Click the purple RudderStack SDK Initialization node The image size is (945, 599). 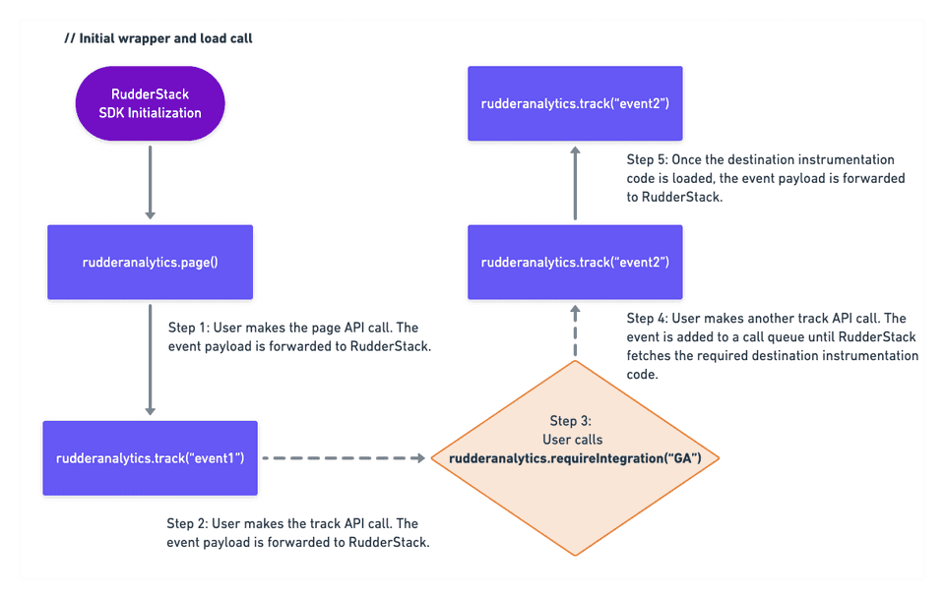[x=150, y=104]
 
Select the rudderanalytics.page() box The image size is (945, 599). [x=150, y=263]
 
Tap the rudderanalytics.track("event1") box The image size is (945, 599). [x=150, y=458]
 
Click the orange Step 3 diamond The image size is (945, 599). [x=575, y=458]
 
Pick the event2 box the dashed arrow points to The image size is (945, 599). [x=575, y=262]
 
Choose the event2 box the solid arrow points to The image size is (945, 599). [x=575, y=103]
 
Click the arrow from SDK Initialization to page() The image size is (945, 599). [x=150, y=183]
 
